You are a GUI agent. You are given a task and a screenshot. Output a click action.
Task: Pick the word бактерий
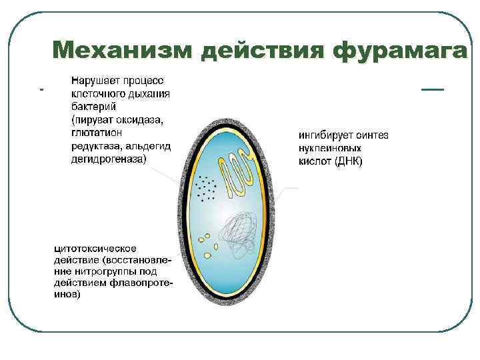click(x=94, y=106)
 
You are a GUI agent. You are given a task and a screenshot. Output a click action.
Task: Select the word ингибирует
click(x=325, y=135)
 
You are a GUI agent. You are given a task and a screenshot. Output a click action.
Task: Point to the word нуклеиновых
click(x=330, y=149)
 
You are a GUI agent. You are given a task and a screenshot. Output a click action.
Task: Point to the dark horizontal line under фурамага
click(x=433, y=89)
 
